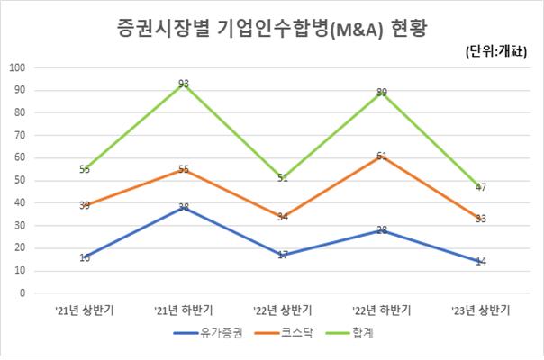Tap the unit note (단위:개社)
click(x=501, y=52)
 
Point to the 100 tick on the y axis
click(x=18, y=67)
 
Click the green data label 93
click(x=184, y=84)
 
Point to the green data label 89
click(x=383, y=93)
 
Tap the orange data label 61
click(x=383, y=157)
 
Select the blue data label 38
click(x=184, y=208)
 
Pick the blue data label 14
click(x=481, y=262)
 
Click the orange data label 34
click(x=284, y=217)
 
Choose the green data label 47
click(x=481, y=187)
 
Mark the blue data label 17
click(x=284, y=256)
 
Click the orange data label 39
click(x=84, y=206)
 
